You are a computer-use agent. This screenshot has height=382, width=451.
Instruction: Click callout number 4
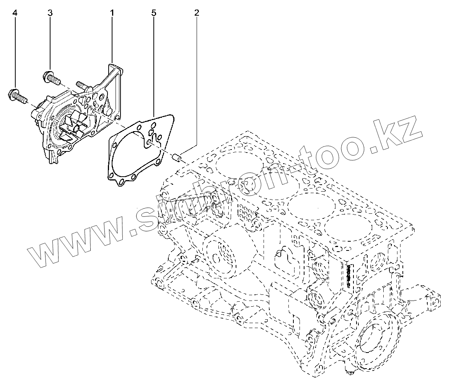pyautogui.click(x=15, y=13)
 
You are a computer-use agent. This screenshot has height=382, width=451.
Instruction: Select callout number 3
pyautogui.click(x=50, y=13)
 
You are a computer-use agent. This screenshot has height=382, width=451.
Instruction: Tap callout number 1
pyautogui.click(x=112, y=13)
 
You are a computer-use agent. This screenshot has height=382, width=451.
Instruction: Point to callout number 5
pyautogui.click(x=154, y=13)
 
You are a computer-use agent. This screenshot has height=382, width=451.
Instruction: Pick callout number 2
pyautogui.click(x=197, y=13)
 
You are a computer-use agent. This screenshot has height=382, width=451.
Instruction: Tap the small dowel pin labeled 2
pyautogui.click(x=177, y=158)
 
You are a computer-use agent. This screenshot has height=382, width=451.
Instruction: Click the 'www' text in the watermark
pyautogui.click(x=69, y=247)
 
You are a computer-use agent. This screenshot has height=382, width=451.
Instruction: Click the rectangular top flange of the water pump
pyautogui.click(x=115, y=71)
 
